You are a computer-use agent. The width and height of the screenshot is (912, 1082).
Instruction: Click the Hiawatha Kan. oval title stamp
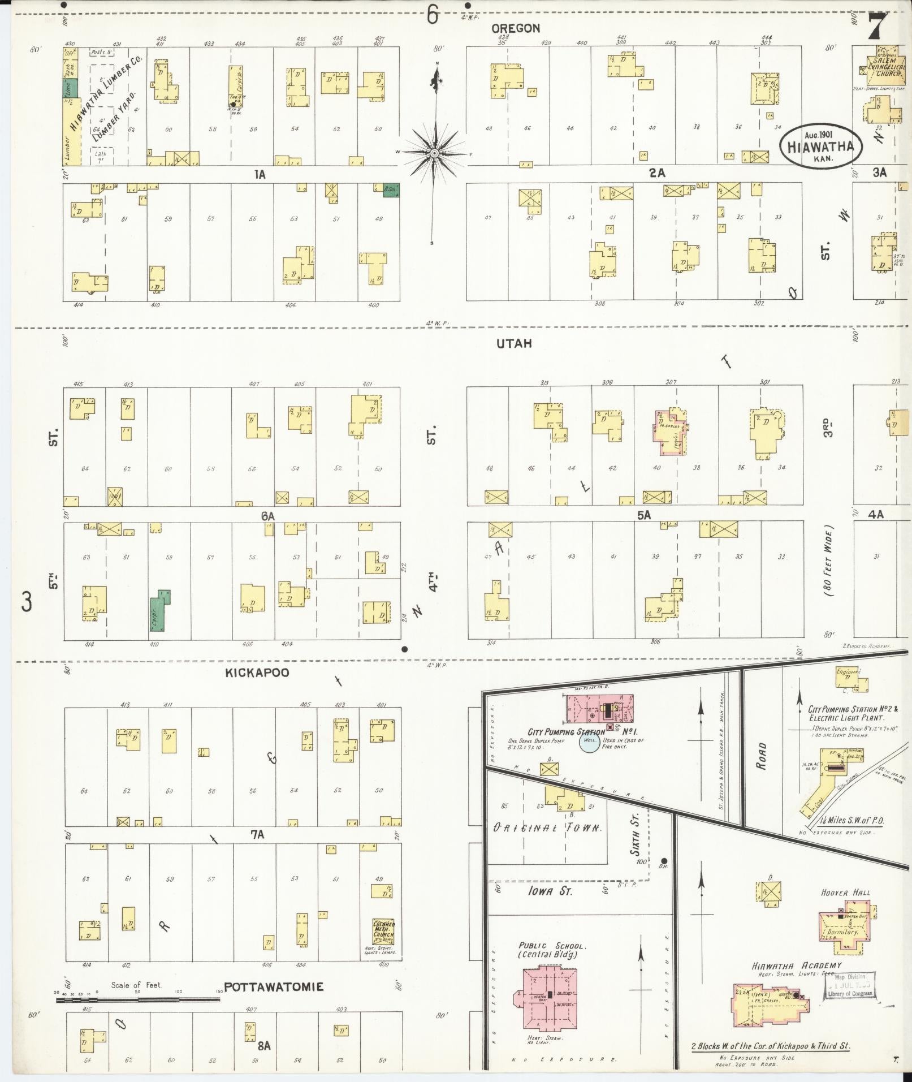[x=822, y=146]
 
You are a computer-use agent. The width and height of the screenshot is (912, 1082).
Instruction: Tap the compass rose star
[x=434, y=153]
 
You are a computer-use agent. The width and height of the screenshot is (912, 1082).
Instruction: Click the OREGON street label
[x=515, y=28]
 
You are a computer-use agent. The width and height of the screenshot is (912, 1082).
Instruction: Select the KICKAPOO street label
[x=257, y=673]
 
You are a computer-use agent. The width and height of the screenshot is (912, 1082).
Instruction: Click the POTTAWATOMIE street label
[x=274, y=987]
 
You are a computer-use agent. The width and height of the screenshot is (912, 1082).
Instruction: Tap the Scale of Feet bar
[x=137, y=999]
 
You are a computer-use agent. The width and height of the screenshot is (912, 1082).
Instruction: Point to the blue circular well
[x=589, y=743]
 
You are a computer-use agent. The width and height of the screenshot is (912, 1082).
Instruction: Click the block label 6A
[x=267, y=516]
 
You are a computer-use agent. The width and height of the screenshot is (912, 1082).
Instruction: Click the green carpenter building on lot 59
[x=161, y=611]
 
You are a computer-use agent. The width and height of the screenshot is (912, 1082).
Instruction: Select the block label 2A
[x=656, y=174]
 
